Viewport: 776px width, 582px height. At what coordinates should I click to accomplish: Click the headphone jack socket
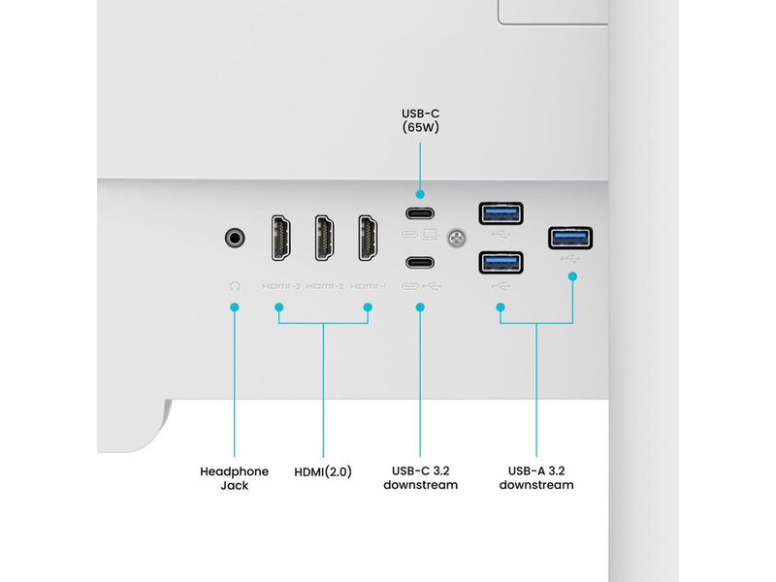pyautogui.click(x=235, y=238)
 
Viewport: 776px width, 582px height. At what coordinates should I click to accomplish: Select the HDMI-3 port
pyautogui.click(x=280, y=238)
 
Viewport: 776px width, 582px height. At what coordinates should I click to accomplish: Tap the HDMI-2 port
pyautogui.click(x=324, y=238)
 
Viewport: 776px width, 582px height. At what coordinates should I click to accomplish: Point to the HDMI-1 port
pyautogui.click(x=368, y=238)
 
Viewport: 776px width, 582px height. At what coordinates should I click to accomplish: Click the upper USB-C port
pyautogui.click(x=420, y=213)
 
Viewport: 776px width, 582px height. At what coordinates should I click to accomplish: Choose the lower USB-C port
pyautogui.click(x=420, y=262)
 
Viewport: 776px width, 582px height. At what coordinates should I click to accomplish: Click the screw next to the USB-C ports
pyautogui.click(x=456, y=238)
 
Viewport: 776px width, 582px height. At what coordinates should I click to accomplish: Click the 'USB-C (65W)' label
pyautogui.click(x=420, y=120)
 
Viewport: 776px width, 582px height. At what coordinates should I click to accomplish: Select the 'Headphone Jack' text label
pyautogui.click(x=234, y=478)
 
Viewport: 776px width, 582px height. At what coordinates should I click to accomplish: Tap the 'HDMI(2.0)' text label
pyautogui.click(x=323, y=471)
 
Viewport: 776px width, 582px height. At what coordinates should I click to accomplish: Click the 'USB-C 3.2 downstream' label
pyautogui.click(x=420, y=477)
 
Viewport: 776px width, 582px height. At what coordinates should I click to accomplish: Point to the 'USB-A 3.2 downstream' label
pyautogui.click(x=536, y=477)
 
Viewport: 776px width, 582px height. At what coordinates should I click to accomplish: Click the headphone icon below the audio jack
pyautogui.click(x=235, y=286)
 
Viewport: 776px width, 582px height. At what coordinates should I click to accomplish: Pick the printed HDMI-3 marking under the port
pyautogui.click(x=281, y=286)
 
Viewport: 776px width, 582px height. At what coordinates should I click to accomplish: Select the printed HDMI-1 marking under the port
pyautogui.click(x=369, y=286)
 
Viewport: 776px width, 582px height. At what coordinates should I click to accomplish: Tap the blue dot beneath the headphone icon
pyautogui.click(x=235, y=307)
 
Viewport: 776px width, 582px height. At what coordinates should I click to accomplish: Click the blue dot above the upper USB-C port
pyautogui.click(x=420, y=195)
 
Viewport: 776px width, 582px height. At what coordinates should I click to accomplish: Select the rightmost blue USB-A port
pyautogui.click(x=570, y=238)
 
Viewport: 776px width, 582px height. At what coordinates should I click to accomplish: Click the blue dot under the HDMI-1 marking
pyautogui.click(x=368, y=307)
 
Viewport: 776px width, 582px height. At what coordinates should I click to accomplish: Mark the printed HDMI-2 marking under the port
pyautogui.click(x=325, y=286)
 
